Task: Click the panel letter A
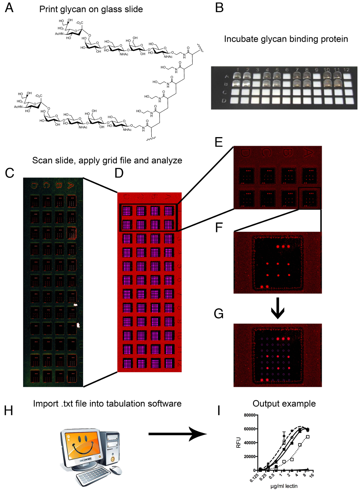(9, 8)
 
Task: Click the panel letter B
(219, 8)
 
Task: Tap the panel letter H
(9, 410)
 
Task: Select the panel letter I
(219, 410)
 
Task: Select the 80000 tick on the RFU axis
(250, 415)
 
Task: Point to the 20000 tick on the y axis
(250, 457)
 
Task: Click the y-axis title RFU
(239, 442)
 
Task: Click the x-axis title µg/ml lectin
(284, 486)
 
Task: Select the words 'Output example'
(284, 403)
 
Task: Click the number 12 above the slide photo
(347, 70)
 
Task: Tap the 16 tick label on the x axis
(311, 475)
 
